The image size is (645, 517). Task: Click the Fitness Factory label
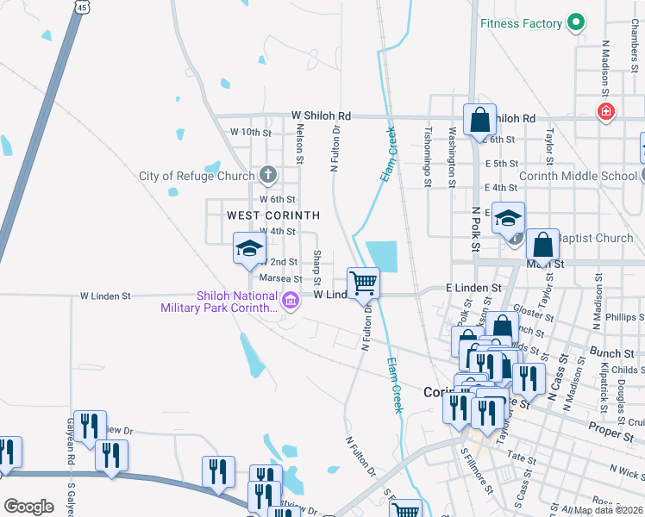click(521, 23)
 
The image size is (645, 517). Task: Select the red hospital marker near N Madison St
click(606, 111)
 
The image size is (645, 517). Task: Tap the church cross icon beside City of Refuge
click(268, 176)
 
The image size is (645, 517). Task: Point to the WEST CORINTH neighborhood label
click(272, 215)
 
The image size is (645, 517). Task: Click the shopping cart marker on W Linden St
click(363, 282)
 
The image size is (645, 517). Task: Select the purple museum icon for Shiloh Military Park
click(291, 300)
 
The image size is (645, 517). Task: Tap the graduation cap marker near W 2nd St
click(249, 250)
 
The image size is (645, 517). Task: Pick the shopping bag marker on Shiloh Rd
click(479, 119)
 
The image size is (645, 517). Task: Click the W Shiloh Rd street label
click(321, 115)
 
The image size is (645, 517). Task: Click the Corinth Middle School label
click(578, 176)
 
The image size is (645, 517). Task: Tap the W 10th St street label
click(250, 133)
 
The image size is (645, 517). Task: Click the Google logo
click(28, 507)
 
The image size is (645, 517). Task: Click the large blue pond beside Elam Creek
click(381, 256)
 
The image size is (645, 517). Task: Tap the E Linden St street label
click(473, 287)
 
